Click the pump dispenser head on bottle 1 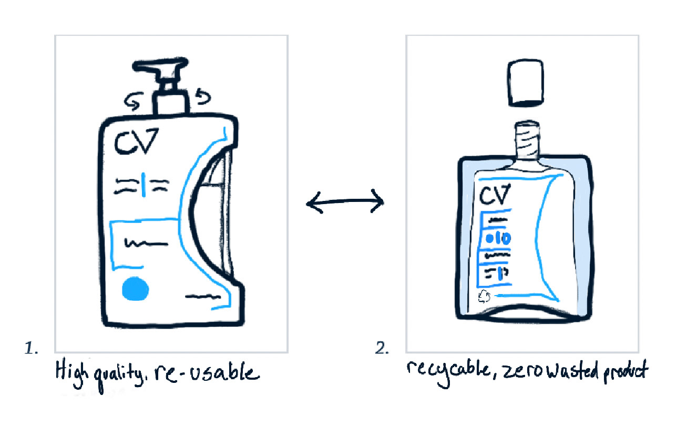click(x=160, y=72)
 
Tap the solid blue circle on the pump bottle click(x=135, y=289)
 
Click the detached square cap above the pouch click(x=524, y=82)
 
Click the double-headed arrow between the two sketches click(x=345, y=201)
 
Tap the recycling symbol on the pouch click(x=484, y=297)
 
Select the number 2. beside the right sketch click(x=383, y=348)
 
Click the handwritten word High click(x=70, y=372)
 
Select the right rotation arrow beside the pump click(x=201, y=96)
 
